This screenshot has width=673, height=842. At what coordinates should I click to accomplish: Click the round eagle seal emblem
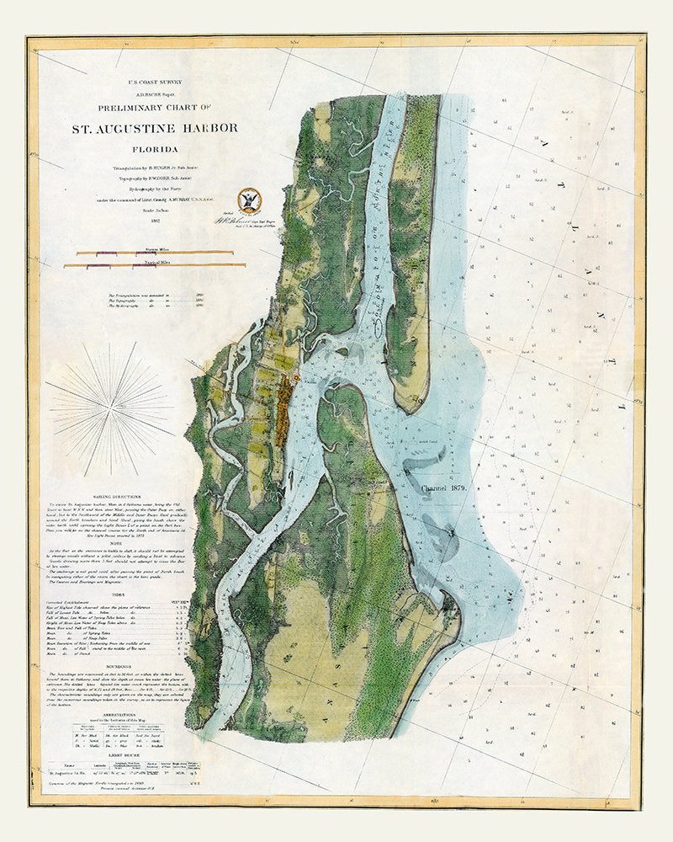[250, 198]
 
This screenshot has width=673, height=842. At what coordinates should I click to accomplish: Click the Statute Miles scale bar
[156, 253]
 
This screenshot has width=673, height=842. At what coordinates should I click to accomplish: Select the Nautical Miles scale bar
[156, 267]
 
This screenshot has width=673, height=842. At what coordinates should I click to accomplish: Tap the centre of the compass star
[109, 403]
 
